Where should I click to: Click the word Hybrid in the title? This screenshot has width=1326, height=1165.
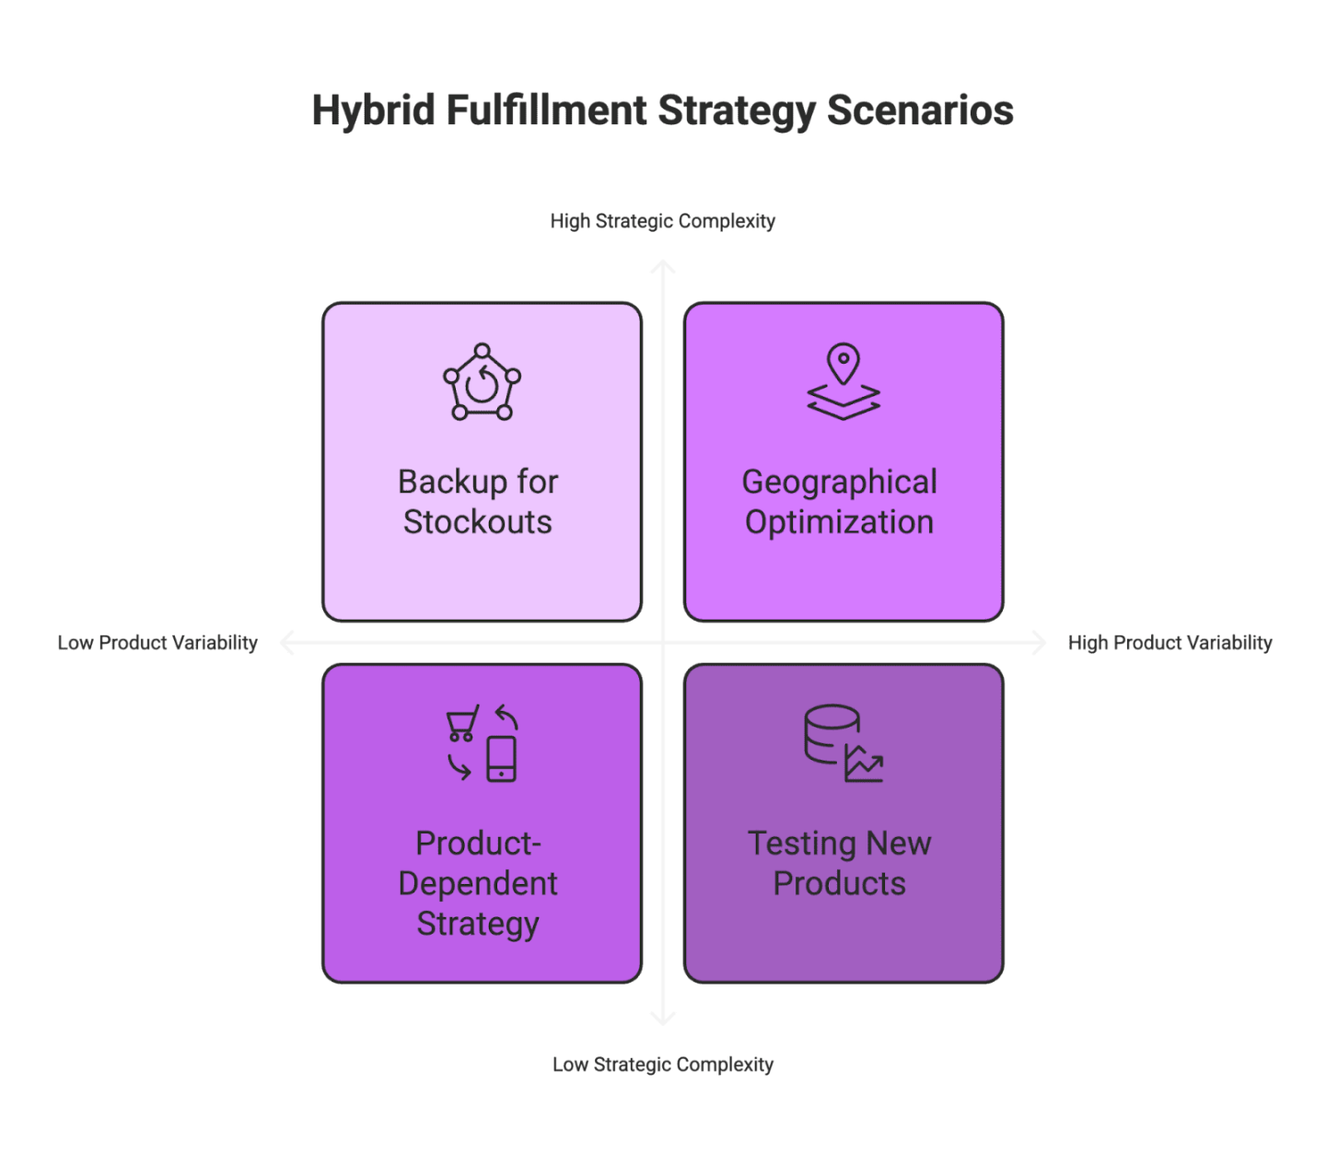click(372, 111)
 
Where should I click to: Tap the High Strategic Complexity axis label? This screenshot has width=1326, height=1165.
click(662, 221)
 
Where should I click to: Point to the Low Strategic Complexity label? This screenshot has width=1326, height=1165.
click(662, 1065)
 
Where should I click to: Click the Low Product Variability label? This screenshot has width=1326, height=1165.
click(157, 643)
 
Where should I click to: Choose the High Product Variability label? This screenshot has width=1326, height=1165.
click(1169, 643)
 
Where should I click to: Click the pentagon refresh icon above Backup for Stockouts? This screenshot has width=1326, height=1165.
click(482, 383)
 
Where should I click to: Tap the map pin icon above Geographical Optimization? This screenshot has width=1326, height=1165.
click(843, 365)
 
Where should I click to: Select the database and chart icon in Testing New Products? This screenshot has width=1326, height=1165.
click(843, 744)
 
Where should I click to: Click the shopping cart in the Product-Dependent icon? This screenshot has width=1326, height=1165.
click(462, 724)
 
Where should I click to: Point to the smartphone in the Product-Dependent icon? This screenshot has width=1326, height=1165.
click(501, 759)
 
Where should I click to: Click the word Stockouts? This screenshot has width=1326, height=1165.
click(477, 522)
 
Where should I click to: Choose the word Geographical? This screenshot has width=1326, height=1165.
click(839, 482)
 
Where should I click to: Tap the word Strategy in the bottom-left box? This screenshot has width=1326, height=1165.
click(477, 923)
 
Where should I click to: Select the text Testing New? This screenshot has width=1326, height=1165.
click(839, 844)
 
